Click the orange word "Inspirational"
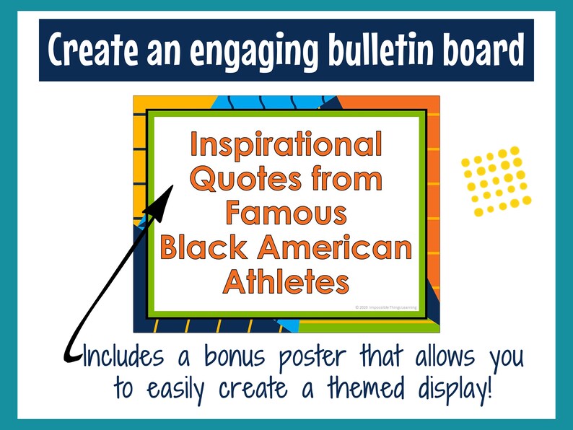285,145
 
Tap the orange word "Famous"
286,213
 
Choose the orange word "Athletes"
286,281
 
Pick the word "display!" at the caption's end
450,390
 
